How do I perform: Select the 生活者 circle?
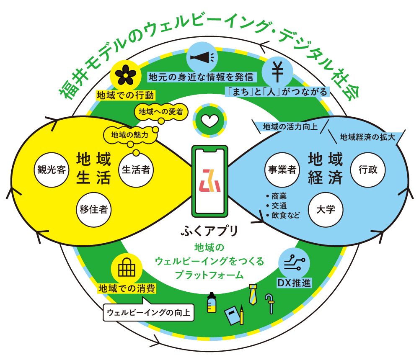[137, 170]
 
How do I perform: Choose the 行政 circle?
[367, 170]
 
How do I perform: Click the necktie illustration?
[253, 294]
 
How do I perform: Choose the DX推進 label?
[295, 283]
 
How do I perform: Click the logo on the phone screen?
[209, 180]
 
